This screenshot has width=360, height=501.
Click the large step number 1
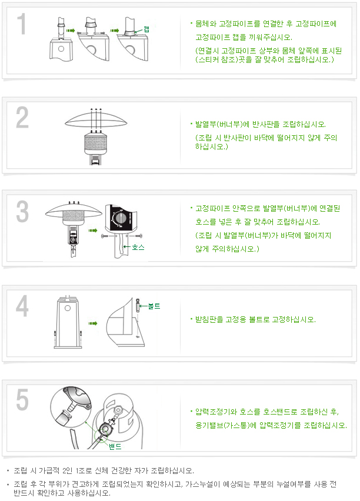(21, 24)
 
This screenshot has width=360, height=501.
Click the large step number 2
(22, 118)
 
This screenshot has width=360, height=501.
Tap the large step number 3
(22, 212)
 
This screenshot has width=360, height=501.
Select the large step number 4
(22, 306)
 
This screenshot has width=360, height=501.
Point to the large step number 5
(22, 399)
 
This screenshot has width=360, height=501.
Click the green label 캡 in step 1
(146, 29)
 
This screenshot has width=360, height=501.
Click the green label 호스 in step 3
(138, 247)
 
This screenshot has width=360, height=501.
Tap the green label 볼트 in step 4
(154, 306)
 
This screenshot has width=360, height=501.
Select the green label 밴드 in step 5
(115, 447)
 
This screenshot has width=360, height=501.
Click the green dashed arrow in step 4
(93, 323)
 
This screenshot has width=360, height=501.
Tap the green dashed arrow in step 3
(93, 231)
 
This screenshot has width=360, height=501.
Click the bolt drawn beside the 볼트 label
(138, 306)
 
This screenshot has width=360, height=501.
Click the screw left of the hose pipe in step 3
(105, 236)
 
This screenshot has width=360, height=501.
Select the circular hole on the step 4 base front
(68, 308)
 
